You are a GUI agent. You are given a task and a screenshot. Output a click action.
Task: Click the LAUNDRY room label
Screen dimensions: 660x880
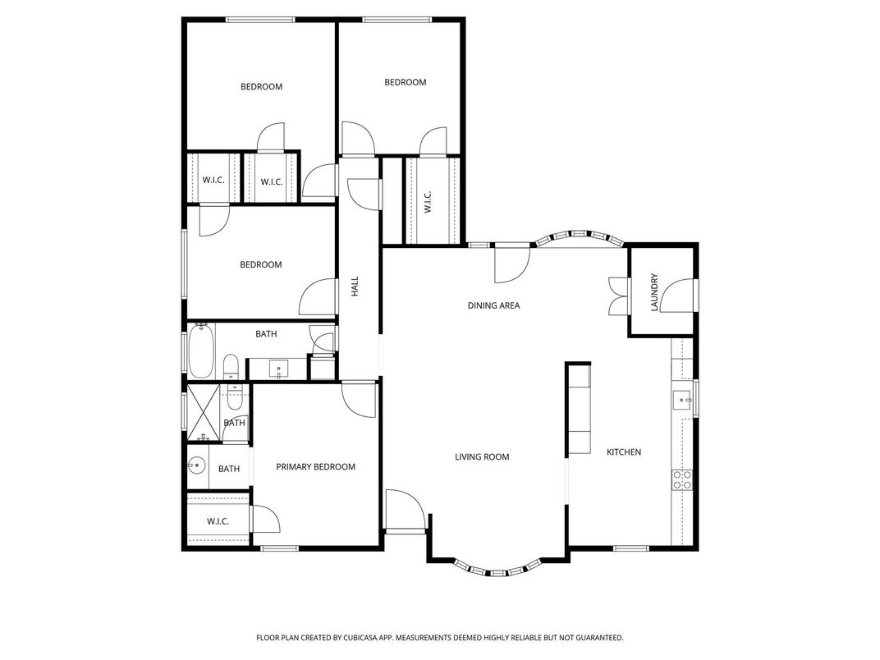[655, 292]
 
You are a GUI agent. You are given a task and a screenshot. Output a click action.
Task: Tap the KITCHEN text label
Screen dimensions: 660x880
[624, 452]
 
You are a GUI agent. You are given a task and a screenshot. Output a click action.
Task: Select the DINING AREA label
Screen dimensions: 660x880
[493, 306]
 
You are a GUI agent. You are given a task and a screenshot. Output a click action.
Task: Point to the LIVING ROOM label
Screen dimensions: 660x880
[482, 457]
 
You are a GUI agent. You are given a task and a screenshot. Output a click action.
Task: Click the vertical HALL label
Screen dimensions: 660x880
[355, 286]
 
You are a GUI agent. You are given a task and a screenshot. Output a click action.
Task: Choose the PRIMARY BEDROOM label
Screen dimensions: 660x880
[315, 467]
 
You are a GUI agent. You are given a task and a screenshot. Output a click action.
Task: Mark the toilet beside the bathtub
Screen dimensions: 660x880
[231, 365]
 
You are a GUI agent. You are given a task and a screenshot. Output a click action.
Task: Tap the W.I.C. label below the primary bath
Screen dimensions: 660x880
[218, 521]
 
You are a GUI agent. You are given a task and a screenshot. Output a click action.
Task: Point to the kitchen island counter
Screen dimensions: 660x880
[578, 409]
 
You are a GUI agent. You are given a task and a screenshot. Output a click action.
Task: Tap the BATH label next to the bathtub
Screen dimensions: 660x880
[266, 334]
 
